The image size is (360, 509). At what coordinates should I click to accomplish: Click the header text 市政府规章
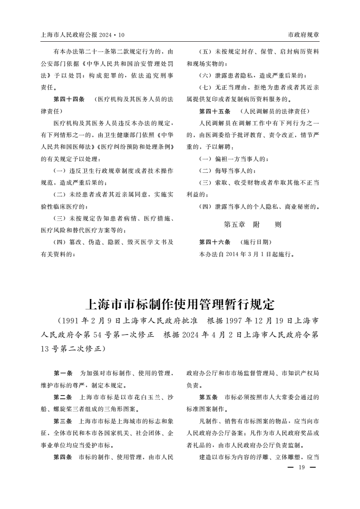pyautogui.click(x=304, y=35)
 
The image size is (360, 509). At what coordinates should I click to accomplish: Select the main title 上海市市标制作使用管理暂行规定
pyautogui.click(x=180, y=303)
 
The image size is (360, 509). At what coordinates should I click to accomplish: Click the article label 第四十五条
pyautogui.click(x=215, y=111)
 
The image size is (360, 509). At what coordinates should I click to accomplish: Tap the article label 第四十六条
pyautogui.click(x=215, y=242)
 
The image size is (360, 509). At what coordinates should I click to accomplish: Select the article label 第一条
pyautogui.click(x=63, y=373)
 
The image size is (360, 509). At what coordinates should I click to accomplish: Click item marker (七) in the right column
pyautogui.click(x=206, y=87)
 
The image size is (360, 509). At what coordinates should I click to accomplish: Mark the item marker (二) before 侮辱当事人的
pyautogui.click(x=206, y=171)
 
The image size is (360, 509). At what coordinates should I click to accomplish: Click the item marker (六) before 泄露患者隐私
pyautogui.click(x=206, y=75)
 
